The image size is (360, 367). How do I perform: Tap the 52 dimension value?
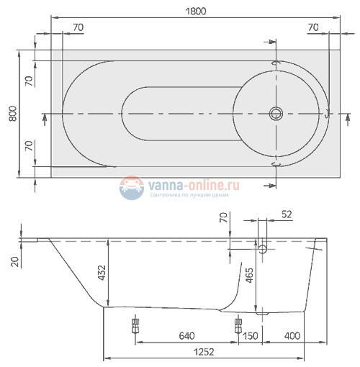click(286, 214)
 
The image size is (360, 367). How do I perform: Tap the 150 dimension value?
click(251, 336)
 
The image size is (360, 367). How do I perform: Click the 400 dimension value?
click(292, 336)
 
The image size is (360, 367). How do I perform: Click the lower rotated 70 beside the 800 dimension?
click(29, 148)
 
